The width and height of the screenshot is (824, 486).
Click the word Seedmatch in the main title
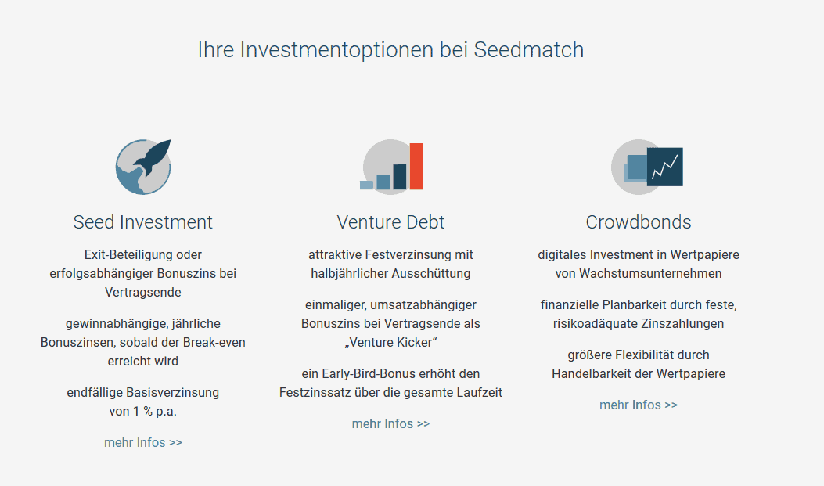(529, 50)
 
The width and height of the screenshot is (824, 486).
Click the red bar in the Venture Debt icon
(416, 166)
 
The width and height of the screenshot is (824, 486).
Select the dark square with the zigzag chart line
(665, 167)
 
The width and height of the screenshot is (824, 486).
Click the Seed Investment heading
(143, 222)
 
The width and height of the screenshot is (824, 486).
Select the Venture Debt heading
(390, 222)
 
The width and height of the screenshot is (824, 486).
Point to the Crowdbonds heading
(639, 222)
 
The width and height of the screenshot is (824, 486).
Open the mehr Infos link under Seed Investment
(143, 442)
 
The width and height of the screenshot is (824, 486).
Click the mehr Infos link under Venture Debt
(390, 423)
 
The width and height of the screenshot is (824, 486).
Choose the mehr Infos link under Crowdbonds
(639, 405)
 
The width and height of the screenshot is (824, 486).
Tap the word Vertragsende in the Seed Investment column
(143, 292)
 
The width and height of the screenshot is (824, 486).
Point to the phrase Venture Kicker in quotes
(391, 343)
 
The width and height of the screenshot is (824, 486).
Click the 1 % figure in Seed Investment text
(141, 411)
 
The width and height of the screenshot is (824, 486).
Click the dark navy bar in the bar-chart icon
(399, 177)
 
